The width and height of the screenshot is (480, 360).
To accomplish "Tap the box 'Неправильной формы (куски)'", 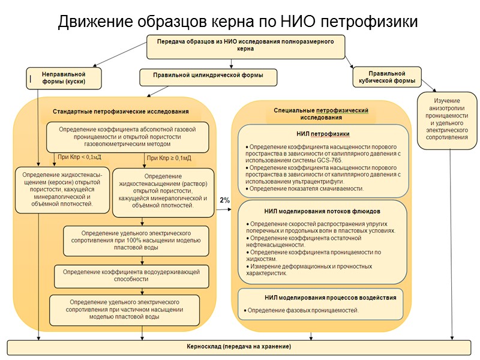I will pos(63,78).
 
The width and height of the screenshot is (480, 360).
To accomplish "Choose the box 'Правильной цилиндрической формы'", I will pos(209,77).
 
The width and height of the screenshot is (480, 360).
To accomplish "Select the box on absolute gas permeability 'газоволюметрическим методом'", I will pos(127,137).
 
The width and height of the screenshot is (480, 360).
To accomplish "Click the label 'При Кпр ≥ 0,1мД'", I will pos(169,158).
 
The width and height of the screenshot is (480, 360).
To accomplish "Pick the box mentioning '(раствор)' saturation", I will pos(163,191).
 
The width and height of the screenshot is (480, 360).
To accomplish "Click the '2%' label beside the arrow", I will pos(224,200).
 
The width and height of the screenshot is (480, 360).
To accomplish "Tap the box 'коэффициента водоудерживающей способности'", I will pos(131,275).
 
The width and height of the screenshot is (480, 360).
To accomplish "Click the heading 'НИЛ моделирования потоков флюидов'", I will pos(322,211).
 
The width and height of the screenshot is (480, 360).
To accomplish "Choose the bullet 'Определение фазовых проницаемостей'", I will pos(303,310).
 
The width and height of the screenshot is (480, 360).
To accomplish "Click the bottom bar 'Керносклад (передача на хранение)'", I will pos(239,347).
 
